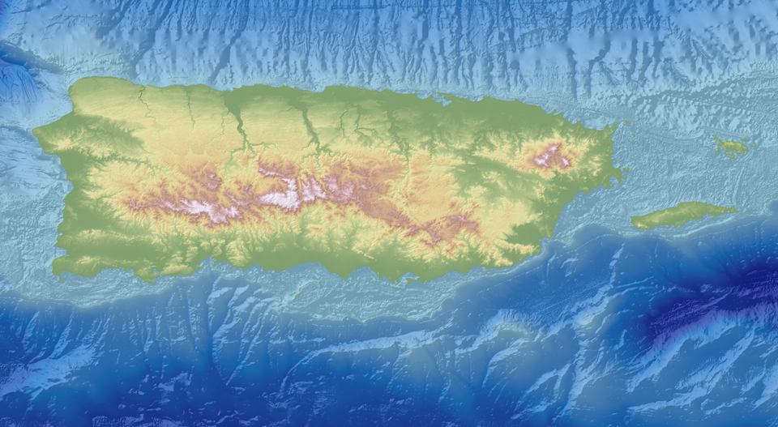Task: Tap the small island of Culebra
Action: (x=733, y=147)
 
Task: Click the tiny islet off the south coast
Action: (x=296, y=294)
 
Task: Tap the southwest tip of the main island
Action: (x=57, y=271)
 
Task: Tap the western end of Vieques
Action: (x=634, y=222)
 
